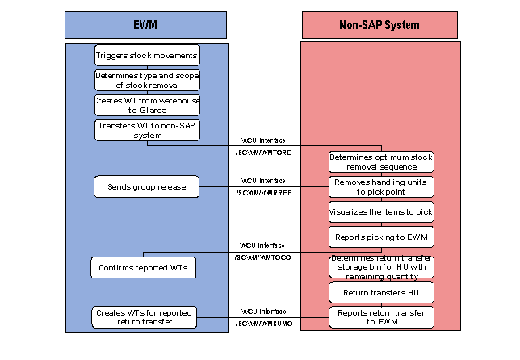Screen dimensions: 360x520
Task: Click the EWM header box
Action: [147, 24]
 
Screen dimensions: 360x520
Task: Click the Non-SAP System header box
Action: [380, 24]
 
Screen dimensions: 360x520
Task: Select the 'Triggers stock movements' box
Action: [146, 55]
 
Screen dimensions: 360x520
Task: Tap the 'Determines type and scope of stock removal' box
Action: [146, 80]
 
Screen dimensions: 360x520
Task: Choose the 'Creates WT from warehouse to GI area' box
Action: [146, 105]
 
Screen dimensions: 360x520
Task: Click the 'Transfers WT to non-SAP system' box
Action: [146, 131]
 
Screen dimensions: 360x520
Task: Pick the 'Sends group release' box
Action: [146, 186]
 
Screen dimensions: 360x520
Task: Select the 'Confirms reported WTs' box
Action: [144, 267]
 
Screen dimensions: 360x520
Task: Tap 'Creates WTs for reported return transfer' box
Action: [144, 317]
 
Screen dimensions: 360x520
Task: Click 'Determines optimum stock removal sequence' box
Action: [381, 161]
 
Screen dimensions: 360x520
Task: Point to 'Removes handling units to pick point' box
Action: [381, 186]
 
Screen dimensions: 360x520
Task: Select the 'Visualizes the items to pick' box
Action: [381, 211]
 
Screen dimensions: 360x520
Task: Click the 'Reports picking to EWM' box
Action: [381, 237]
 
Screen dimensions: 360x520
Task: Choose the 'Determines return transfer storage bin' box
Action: [381, 266]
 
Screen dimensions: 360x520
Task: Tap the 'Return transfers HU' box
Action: [381, 292]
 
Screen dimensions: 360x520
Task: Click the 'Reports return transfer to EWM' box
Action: [381, 317]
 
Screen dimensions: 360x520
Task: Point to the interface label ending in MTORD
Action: [262, 152]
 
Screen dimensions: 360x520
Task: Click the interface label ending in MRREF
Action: [262, 192]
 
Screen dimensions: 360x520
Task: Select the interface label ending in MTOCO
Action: [262, 257]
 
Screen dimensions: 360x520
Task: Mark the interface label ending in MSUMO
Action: [262, 323]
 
